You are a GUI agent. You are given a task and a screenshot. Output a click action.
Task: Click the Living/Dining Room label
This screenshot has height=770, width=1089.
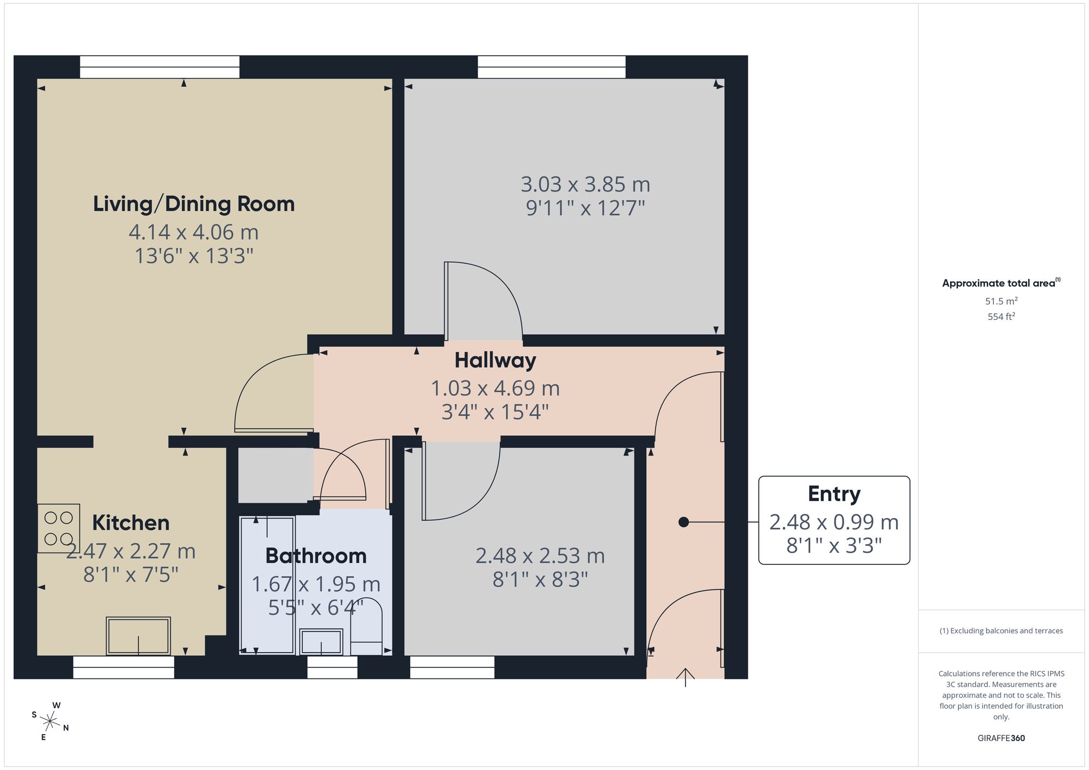(x=194, y=204)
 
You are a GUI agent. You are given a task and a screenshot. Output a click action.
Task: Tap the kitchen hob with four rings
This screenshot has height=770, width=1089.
(x=58, y=528)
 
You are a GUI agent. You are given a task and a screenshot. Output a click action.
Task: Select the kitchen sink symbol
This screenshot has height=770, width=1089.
(x=138, y=636)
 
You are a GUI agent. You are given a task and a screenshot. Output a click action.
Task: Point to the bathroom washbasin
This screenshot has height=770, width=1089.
(x=321, y=642)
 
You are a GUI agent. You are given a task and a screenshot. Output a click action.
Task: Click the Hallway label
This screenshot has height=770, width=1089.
(x=495, y=360)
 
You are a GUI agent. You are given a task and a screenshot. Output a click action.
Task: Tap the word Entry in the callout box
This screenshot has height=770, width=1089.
(x=834, y=494)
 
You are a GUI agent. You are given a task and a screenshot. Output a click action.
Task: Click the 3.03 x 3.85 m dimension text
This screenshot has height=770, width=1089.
(x=585, y=184)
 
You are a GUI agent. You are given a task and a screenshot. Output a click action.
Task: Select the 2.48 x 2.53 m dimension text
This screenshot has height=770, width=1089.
(x=540, y=556)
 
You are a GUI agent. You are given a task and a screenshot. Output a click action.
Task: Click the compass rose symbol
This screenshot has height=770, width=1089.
(x=50, y=722)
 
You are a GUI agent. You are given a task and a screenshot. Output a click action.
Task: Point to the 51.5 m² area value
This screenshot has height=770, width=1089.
(x=1001, y=301)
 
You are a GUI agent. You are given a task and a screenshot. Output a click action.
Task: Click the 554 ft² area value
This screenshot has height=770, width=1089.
(x=1001, y=316)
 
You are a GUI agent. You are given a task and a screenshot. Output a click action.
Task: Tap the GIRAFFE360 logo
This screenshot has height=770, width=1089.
(x=1001, y=738)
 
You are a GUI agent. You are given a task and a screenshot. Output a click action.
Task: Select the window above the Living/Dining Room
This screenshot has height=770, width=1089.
(x=160, y=67)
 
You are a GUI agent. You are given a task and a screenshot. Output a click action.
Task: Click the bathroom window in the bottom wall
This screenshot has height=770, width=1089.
(x=332, y=667)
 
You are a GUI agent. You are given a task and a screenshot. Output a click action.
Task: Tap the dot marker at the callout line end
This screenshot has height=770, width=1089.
(x=683, y=522)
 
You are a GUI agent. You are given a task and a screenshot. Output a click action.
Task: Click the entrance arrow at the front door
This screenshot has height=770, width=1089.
(x=685, y=677)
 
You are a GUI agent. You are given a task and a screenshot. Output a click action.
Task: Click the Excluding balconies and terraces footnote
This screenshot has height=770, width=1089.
(x=1001, y=631)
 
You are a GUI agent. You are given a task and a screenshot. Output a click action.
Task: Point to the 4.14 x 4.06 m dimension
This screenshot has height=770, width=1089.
(x=193, y=232)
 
